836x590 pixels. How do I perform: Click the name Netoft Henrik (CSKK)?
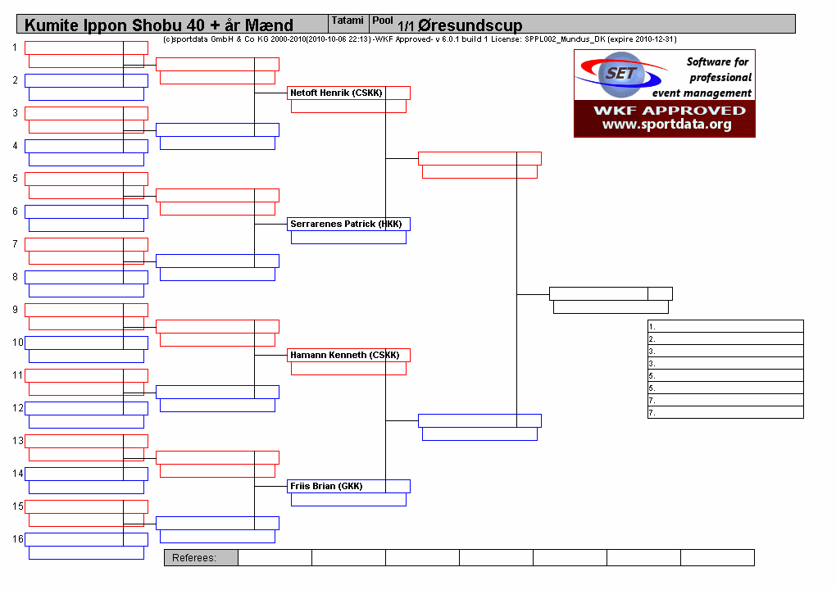336,93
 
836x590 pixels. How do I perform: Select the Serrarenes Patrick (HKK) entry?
346,224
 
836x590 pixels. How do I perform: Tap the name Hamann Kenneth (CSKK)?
344,355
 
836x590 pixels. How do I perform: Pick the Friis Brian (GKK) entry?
326,486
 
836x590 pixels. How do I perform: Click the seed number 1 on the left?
15,48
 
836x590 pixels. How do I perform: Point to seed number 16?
17,539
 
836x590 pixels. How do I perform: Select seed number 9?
15,310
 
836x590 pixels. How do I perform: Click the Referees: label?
194,557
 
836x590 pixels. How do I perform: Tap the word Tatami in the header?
348,20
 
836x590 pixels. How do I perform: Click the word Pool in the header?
383,20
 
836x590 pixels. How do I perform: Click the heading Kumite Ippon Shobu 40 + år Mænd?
159,25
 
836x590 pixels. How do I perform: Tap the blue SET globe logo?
621,75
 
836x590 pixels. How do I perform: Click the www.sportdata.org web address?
667,125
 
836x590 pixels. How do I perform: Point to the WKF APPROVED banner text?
670,111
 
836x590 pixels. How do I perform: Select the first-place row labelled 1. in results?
725,326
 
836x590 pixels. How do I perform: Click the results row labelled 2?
725,338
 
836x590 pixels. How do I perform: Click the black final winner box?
611,293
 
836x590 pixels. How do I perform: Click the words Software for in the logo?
718,61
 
